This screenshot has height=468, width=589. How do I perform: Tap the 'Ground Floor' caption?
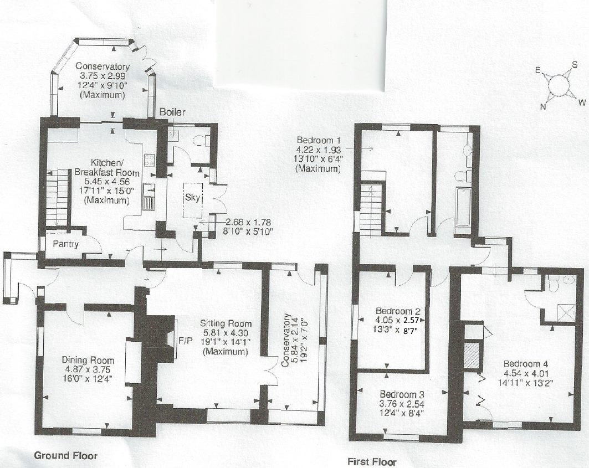(66, 456)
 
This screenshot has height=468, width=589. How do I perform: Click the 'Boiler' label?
(172, 112)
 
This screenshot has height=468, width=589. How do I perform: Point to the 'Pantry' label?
(65, 244)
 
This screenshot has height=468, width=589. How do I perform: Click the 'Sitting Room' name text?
(227, 323)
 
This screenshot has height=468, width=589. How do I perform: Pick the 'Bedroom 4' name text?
(525, 364)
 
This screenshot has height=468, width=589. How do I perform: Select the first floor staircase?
(370, 208)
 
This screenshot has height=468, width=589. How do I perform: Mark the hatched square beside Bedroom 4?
(472, 356)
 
